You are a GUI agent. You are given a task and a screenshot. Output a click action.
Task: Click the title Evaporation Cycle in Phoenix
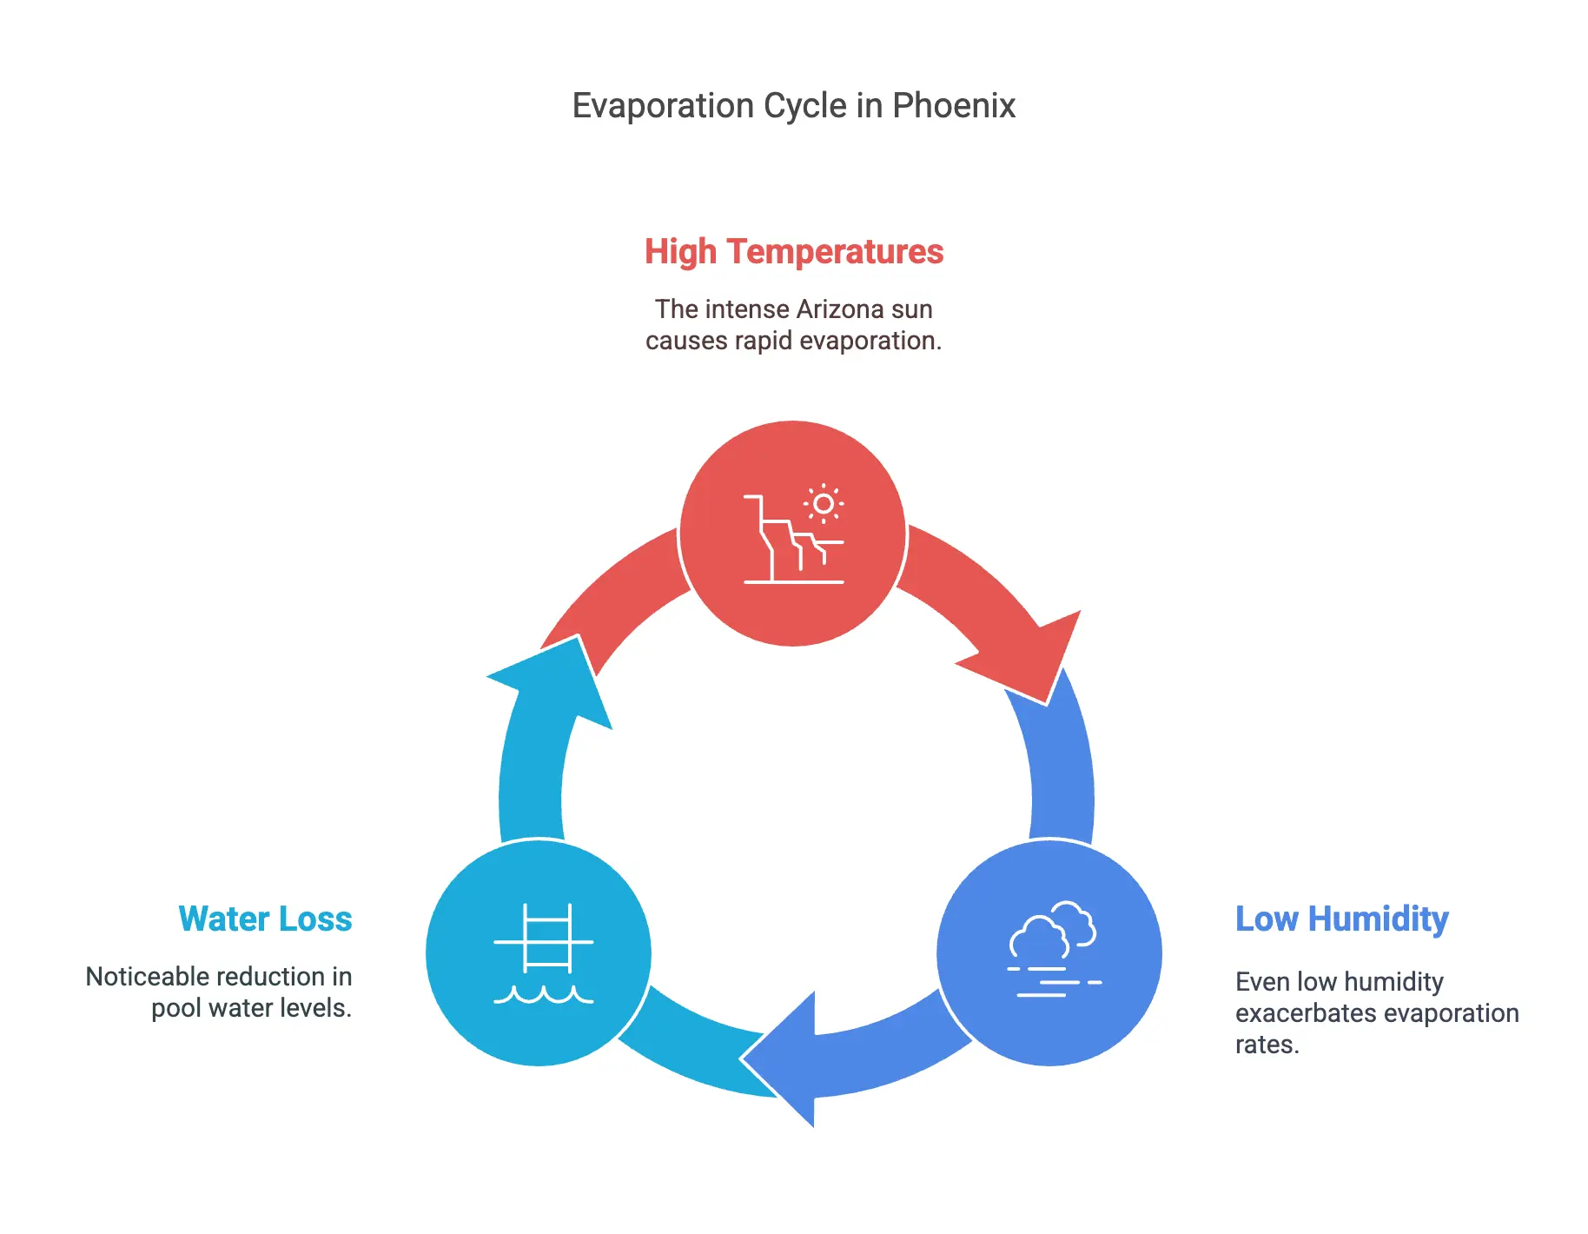click(793, 106)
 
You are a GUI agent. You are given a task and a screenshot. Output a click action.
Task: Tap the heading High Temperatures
click(793, 252)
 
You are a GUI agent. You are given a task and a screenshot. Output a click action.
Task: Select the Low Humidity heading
click(1341, 919)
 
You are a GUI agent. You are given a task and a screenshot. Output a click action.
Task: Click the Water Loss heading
click(265, 919)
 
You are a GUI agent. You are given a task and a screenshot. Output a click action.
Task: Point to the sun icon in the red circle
click(824, 504)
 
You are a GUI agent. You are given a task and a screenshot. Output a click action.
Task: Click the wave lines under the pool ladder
click(544, 995)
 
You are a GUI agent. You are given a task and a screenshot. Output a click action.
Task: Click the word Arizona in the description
click(838, 309)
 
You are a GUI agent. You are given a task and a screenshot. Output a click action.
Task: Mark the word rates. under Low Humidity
click(1267, 1045)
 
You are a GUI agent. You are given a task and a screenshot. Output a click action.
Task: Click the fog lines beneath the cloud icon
click(1053, 982)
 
